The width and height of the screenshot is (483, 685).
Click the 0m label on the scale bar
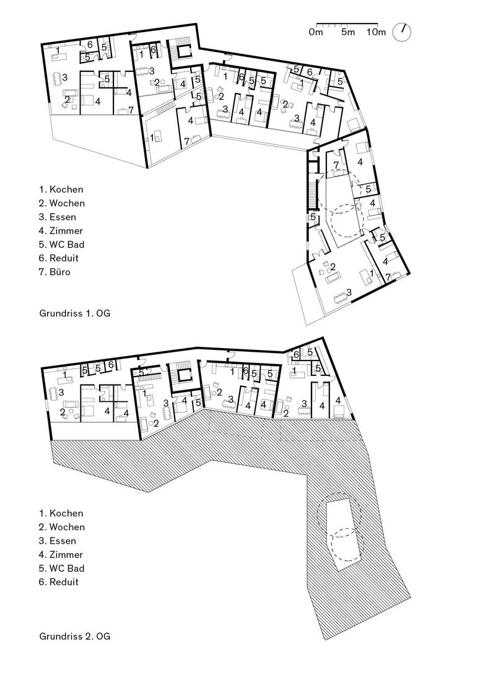[x=316, y=32]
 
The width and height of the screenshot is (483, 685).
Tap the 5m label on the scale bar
[x=348, y=32]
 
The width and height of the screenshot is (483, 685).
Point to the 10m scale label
[x=376, y=32]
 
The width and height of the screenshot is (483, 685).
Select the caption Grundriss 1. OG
[x=75, y=313]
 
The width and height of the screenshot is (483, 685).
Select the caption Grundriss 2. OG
[x=75, y=636]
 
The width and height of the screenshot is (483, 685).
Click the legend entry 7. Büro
[x=54, y=272]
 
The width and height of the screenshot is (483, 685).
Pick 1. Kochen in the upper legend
[x=61, y=190]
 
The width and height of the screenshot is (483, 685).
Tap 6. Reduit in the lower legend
[x=59, y=582]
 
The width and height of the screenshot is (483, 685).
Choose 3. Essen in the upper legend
[x=58, y=217]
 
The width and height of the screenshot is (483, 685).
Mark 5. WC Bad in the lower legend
[x=61, y=569]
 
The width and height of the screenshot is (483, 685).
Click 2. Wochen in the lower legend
[x=62, y=527]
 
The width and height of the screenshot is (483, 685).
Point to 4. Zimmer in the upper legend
[x=61, y=230]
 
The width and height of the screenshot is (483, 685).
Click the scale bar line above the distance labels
[x=347, y=23]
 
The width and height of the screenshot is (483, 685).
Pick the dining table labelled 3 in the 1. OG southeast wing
[x=341, y=298]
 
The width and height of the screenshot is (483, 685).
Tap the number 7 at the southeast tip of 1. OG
[x=388, y=276]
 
